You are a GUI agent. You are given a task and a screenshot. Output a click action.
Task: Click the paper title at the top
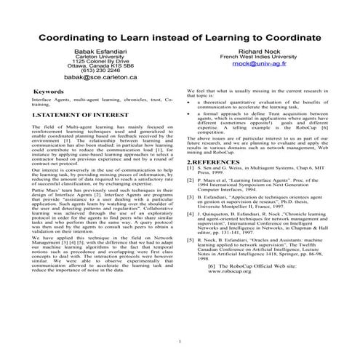(180, 36)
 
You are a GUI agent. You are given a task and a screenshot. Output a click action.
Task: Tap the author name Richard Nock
(260, 53)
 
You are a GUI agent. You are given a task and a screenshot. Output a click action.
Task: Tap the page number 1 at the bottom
(179, 339)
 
